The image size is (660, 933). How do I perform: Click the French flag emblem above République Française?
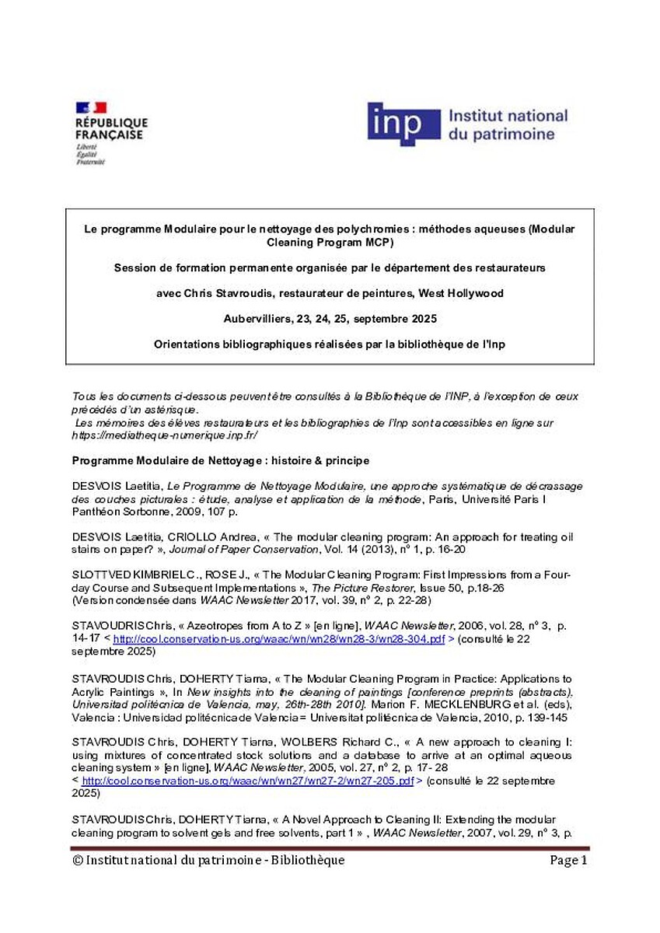pos(90,108)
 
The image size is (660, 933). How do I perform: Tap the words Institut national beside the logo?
pos(508,116)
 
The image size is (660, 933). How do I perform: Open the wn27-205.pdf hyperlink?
pos(247,781)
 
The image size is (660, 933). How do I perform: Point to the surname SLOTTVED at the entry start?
pos(102,575)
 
